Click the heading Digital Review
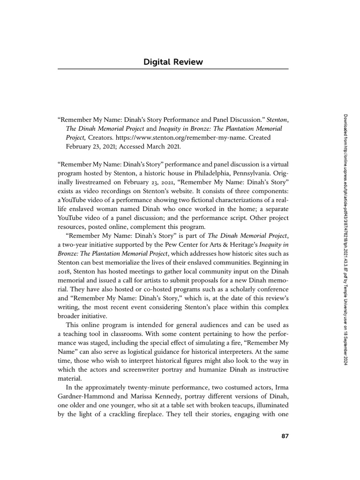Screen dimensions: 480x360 172,62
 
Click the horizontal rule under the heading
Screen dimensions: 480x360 172,69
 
